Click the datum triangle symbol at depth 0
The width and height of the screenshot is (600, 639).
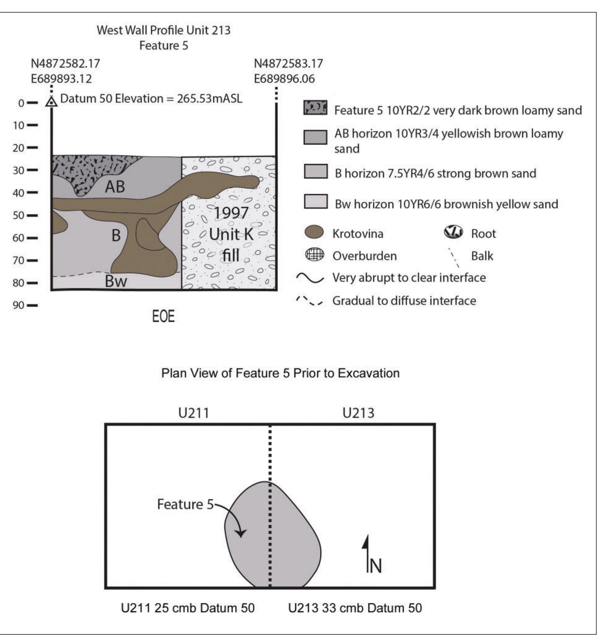(51, 101)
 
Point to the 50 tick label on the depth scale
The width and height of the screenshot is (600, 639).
(18, 215)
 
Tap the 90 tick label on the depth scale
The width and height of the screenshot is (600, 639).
(18, 305)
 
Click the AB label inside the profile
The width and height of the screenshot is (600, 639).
(115, 187)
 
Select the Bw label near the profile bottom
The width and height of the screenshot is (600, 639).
(116, 282)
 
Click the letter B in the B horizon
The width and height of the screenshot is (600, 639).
(116, 236)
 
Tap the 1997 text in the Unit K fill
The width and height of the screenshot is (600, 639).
(231, 213)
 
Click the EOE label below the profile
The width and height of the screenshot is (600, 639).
(163, 317)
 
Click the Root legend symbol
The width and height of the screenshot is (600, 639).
(453, 232)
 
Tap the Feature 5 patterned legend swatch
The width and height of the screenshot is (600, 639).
(315, 108)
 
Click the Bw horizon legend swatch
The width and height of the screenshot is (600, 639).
(316, 201)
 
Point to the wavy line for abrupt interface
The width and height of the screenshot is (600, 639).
(310, 278)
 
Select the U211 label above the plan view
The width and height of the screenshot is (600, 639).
(193, 413)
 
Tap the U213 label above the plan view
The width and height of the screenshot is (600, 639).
(358, 413)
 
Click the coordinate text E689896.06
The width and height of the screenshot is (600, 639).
(284, 79)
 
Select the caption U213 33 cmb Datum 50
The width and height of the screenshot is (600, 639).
(355, 608)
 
